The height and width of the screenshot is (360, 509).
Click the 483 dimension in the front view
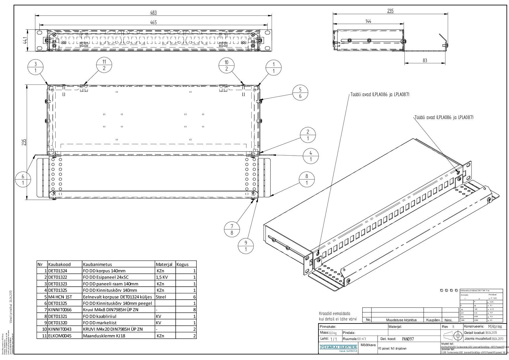point(153,12)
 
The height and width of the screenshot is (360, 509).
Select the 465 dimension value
point(153,23)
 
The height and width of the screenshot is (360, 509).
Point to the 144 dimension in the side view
point(368,21)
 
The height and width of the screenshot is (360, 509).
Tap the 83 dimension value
point(425,60)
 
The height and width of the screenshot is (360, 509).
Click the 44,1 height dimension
point(26,41)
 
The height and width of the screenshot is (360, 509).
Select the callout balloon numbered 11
point(104,65)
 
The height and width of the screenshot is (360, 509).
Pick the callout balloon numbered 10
point(226,65)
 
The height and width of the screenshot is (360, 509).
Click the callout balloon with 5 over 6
point(300,93)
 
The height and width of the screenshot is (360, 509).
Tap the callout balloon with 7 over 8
point(232,229)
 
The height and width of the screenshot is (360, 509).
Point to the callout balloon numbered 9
point(246,246)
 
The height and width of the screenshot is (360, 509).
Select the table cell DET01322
point(57,277)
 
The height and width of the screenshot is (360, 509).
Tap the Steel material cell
point(161,297)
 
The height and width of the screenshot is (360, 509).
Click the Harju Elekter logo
point(338,347)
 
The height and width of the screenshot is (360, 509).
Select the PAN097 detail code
point(408,339)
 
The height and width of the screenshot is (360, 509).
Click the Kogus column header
point(183,264)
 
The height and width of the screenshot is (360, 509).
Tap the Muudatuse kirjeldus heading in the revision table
point(401,320)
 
